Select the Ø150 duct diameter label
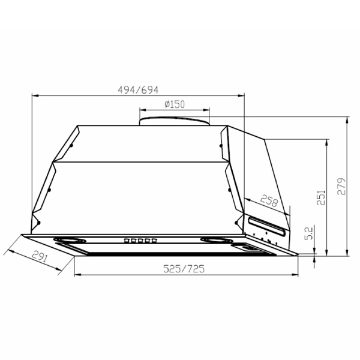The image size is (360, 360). [x=174, y=104]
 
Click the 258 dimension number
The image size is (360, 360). [x=269, y=203]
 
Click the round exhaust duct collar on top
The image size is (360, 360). [x=174, y=122]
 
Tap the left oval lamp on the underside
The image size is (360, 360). [x=70, y=242]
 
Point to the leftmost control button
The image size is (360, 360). [x=127, y=241]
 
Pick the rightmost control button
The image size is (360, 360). [x=154, y=241]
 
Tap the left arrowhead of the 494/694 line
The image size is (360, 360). [x=33, y=95]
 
